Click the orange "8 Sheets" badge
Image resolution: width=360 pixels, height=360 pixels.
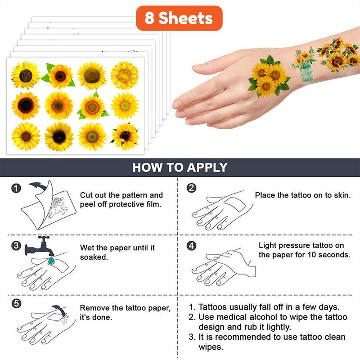pyautogui.click(x=179, y=18)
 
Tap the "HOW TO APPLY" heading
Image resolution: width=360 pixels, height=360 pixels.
pyautogui.click(x=180, y=167)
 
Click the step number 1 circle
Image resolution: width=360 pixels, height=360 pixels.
pyautogui.click(x=16, y=188)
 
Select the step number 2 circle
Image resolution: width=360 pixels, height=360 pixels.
pyautogui.click(x=192, y=188)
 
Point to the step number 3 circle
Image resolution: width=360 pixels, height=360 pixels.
pyautogui.click(x=16, y=246)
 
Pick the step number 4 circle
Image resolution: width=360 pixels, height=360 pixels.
pyautogui.click(x=192, y=246)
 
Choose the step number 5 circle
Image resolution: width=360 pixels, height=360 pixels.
pyautogui.click(x=16, y=303)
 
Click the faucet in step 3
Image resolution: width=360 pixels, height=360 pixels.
pyautogui.click(x=40, y=246)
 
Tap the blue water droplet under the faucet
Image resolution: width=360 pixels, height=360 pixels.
pyautogui.click(x=51, y=261)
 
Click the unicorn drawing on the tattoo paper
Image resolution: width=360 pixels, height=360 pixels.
pyautogui.click(x=58, y=207)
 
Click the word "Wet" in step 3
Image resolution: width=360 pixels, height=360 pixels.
pyautogui.click(x=87, y=248)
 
